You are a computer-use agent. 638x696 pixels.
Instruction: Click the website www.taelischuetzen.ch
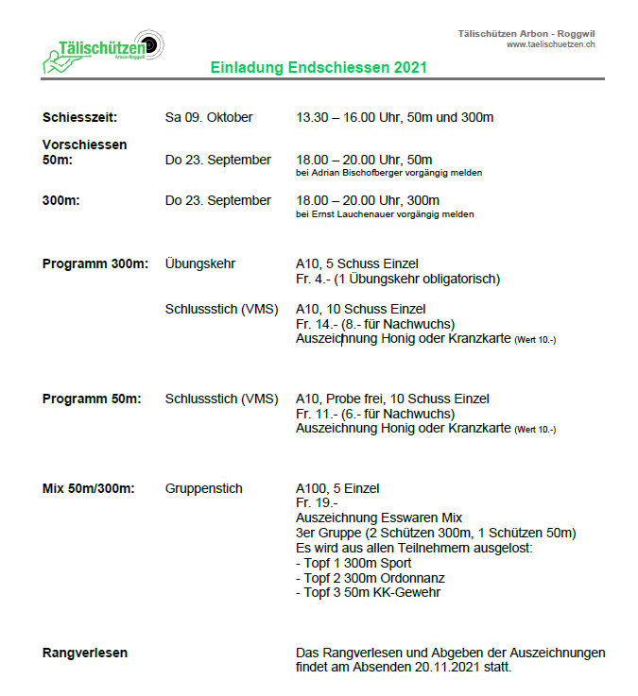coord(551,44)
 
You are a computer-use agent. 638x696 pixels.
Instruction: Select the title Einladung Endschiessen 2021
coord(319,68)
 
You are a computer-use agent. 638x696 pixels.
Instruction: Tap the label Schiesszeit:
coord(79,118)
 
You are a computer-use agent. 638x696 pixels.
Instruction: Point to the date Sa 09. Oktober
coord(209,118)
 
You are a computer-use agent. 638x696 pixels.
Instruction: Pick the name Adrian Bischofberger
coord(362,173)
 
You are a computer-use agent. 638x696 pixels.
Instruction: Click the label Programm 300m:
coord(95,263)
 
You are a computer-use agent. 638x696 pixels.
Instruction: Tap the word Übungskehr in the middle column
coord(200,263)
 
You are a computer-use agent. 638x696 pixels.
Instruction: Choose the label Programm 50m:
coord(92,399)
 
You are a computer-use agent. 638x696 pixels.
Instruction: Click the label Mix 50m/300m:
coord(89,488)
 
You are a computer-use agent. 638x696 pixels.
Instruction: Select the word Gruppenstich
coord(204,488)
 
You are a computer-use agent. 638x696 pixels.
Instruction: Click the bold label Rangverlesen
coord(85,653)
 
